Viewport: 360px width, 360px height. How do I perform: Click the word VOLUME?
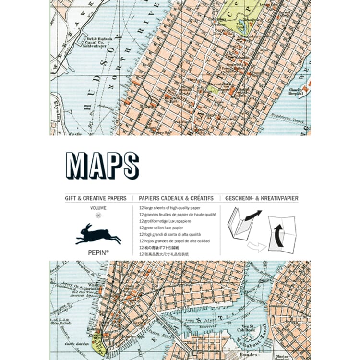(x=98, y=207)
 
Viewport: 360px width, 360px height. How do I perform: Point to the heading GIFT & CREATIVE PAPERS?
(x=96, y=197)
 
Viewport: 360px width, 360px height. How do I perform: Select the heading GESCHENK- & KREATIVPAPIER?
(x=262, y=197)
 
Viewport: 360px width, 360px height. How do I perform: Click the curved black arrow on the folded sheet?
(x=276, y=235)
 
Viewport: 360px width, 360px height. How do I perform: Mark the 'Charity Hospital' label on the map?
(x=298, y=91)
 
